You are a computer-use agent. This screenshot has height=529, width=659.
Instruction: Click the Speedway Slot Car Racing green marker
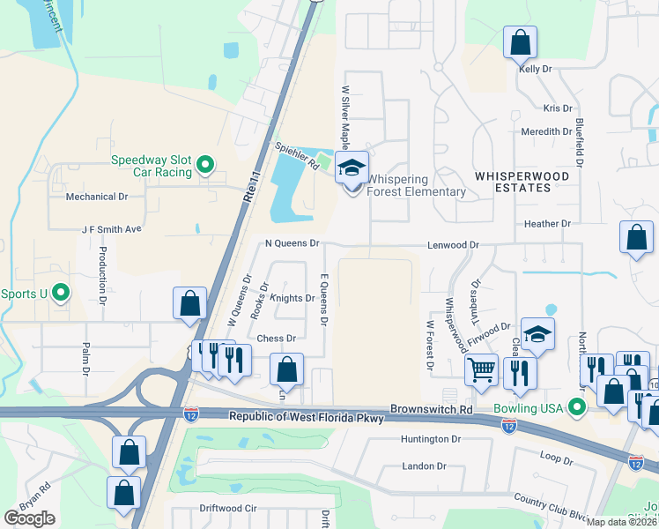(x=205, y=163)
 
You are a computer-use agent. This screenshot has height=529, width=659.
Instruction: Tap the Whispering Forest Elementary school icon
(x=352, y=168)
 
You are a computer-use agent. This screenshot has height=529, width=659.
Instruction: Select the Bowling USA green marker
(x=577, y=406)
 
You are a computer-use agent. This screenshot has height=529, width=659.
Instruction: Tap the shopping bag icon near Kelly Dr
(x=520, y=41)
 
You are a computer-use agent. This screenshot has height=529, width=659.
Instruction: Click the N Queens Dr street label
(x=291, y=242)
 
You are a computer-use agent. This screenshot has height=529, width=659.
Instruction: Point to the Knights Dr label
(x=292, y=298)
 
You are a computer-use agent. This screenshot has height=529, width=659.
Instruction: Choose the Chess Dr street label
(x=276, y=338)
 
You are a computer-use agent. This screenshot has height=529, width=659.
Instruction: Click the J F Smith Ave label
(x=111, y=228)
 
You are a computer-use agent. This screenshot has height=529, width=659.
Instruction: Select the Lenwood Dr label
(x=453, y=244)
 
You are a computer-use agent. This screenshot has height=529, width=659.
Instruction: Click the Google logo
(x=29, y=518)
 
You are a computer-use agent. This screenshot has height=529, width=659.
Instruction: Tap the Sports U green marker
(x=60, y=292)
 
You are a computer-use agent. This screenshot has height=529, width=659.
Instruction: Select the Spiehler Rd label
(x=296, y=159)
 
